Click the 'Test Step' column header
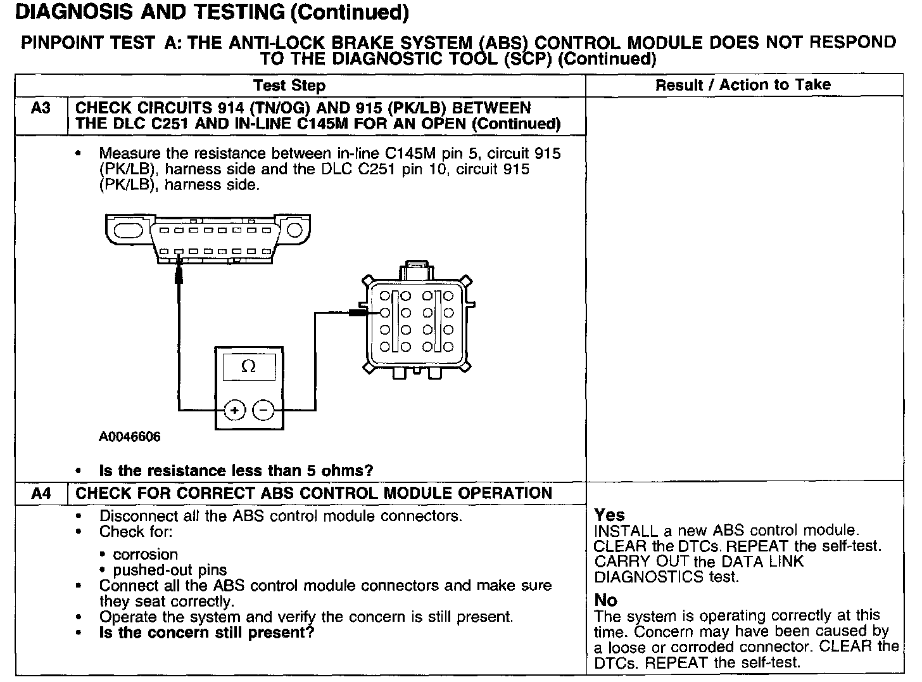click(x=289, y=86)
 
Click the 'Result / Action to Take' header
click(x=743, y=85)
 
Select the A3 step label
click(x=41, y=108)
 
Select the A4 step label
click(x=41, y=493)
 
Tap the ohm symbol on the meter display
click(x=249, y=367)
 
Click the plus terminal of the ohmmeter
click(x=235, y=411)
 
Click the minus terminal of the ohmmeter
click(x=263, y=411)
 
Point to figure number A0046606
click(x=130, y=437)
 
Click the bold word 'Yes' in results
click(x=609, y=515)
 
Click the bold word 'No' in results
click(x=605, y=600)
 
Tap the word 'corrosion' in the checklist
click(x=145, y=554)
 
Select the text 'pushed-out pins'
click(x=170, y=570)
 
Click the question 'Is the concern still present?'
click(x=206, y=633)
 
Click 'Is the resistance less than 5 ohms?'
click(x=236, y=470)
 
